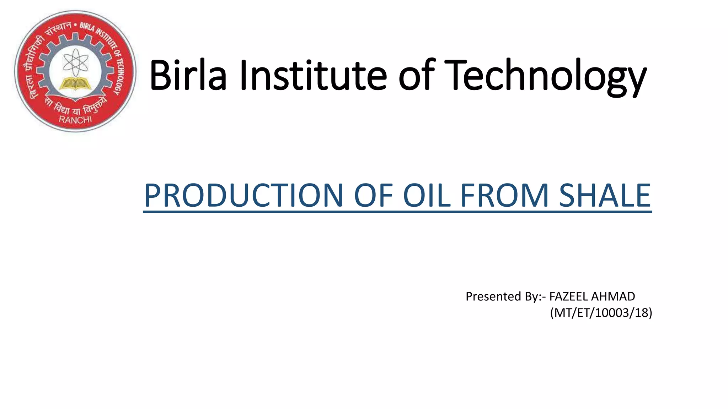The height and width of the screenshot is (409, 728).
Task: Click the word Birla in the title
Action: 188,75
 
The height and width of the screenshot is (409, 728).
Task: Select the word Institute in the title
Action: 313,75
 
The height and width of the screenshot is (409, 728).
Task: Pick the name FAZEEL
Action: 568,296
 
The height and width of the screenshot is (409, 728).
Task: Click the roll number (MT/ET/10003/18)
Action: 601,313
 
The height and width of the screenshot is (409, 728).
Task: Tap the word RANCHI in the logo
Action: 75,120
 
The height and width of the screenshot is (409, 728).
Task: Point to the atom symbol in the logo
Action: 75,62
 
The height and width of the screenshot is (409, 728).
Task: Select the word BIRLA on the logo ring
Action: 87,27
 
